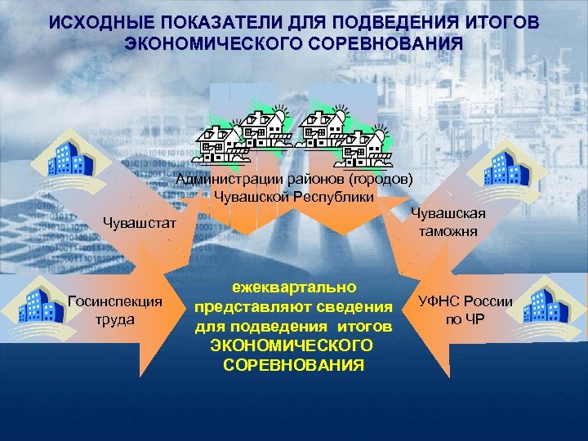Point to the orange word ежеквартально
point(293,288)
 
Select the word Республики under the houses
point(335,196)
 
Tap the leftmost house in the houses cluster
point(219,140)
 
